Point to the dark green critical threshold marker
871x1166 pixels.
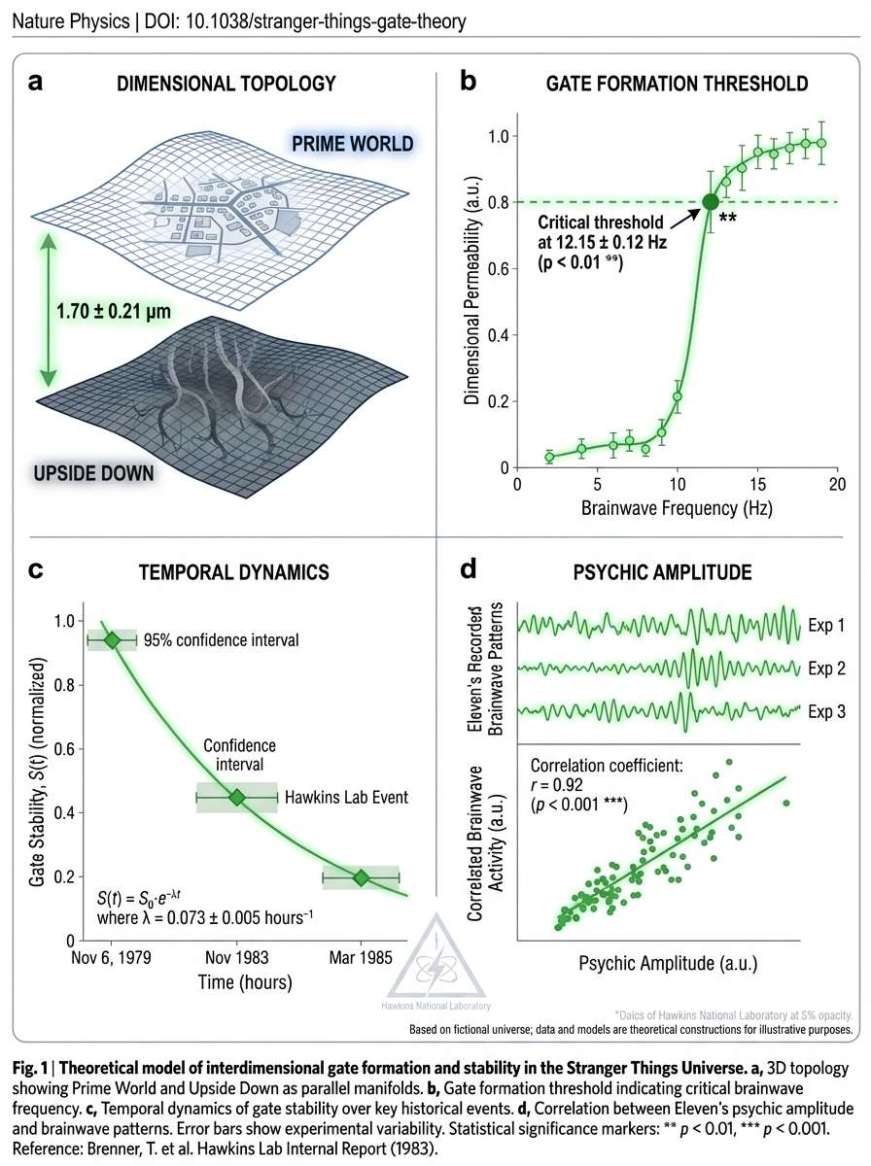711,202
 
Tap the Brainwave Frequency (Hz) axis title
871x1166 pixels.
677,508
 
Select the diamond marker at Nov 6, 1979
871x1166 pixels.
112,640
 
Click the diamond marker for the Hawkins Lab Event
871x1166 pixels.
236,798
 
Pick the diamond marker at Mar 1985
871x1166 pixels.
361,877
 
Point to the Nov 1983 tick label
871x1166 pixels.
236,957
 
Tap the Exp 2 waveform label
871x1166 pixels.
825,669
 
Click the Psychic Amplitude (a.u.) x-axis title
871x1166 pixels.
668,965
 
